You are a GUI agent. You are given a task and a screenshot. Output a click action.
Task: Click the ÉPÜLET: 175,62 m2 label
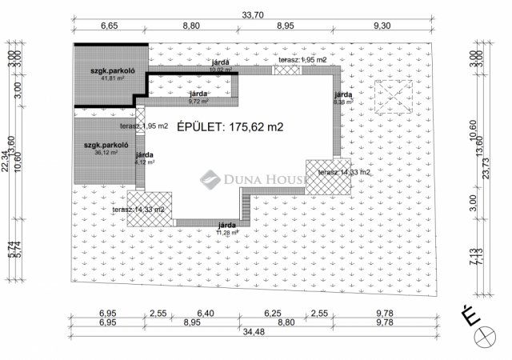pos(230,126)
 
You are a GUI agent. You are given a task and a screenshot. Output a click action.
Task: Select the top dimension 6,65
pos(110,26)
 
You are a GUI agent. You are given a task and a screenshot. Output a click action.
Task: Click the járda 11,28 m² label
pos(227,229)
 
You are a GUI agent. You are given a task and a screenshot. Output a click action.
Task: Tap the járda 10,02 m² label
pos(220,65)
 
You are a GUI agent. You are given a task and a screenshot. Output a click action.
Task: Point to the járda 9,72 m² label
pos(198,98)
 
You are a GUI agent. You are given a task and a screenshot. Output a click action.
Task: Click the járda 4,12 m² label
pos(145,158)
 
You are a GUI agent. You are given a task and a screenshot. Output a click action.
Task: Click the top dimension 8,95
pos(285,26)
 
